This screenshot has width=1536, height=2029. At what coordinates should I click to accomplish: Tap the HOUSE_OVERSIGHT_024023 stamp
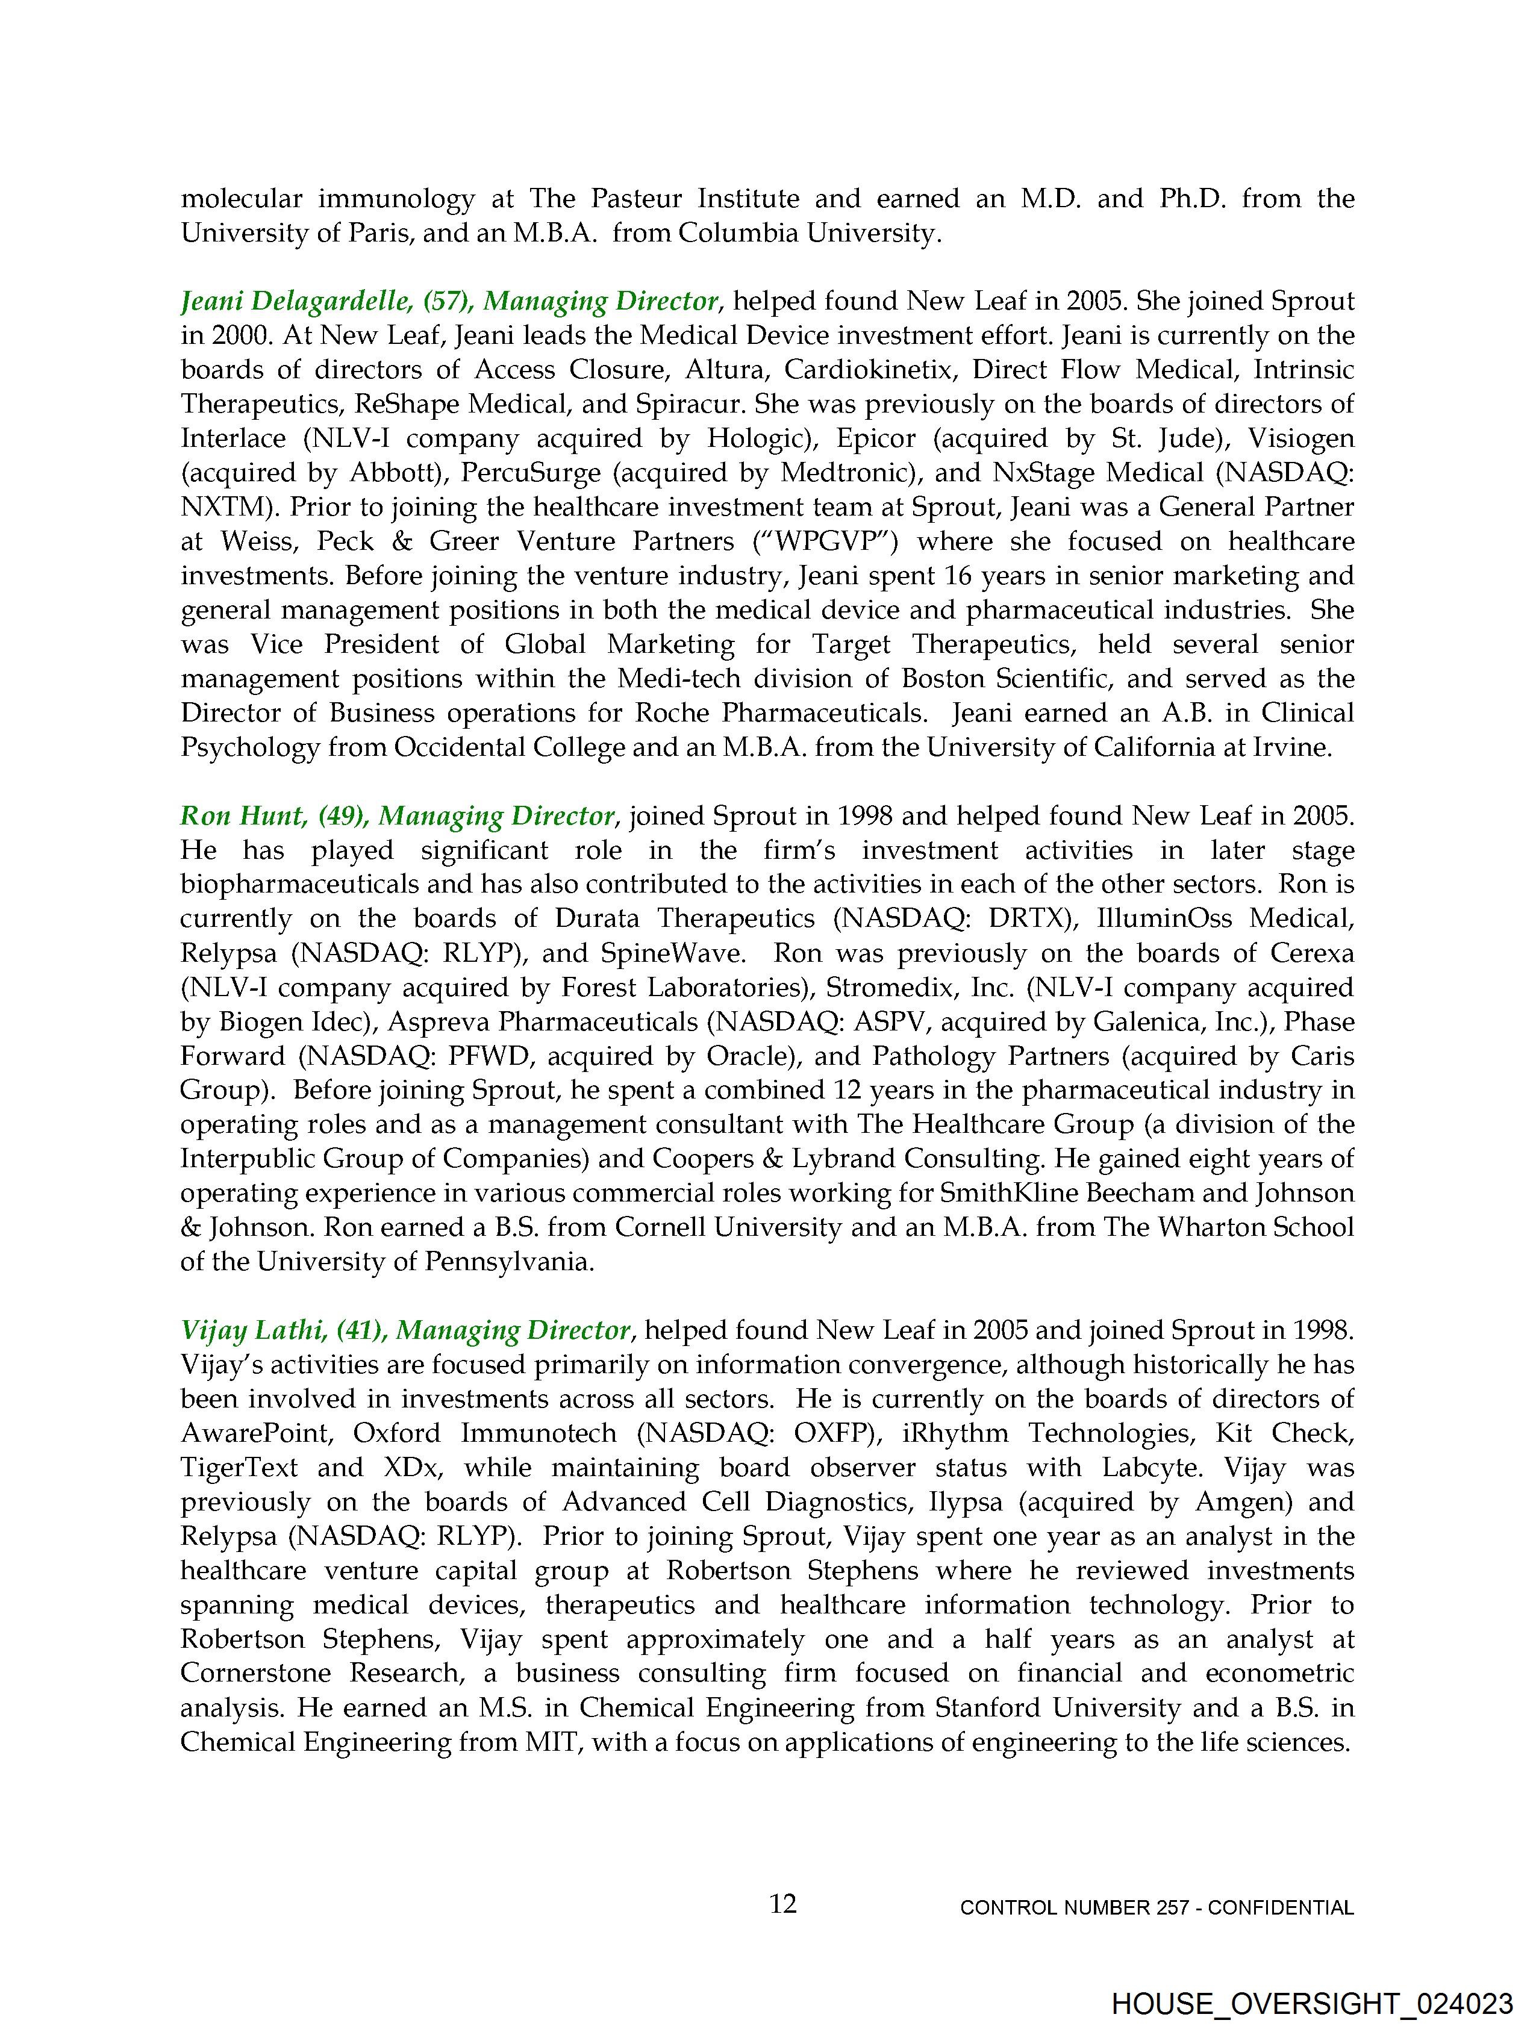1311,2003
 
